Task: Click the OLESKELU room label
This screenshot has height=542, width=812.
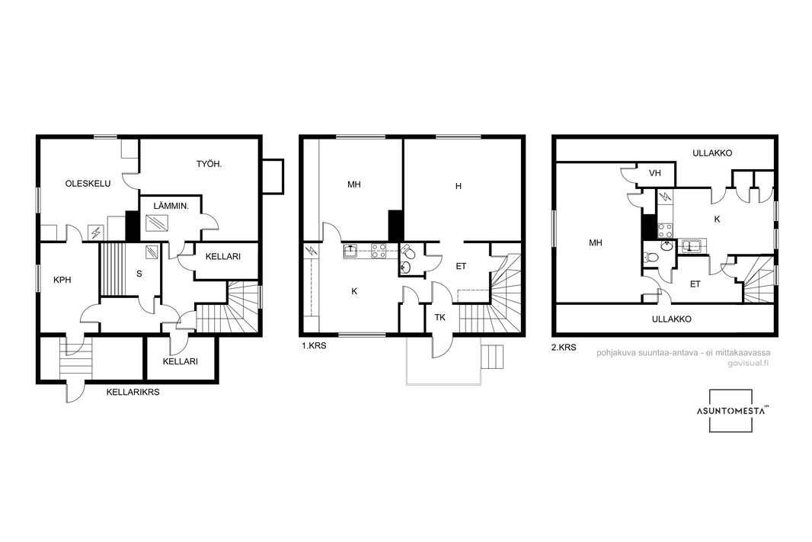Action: click(88, 184)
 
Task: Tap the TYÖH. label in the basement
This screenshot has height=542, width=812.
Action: click(209, 164)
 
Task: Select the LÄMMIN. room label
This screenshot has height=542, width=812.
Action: click(171, 206)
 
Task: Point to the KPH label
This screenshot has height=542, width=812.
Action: click(62, 280)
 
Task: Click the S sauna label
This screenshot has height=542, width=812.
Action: click(139, 274)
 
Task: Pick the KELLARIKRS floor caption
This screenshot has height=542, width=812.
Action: click(133, 393)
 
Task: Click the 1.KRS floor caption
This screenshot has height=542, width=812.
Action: click(315, 345)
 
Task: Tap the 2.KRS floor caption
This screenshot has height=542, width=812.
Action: click(564, 348)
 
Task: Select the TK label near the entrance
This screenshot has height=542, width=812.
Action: click(440, 318)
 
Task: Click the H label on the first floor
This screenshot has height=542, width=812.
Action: click(459, 186)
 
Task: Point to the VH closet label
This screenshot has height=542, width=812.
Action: click(655, 173)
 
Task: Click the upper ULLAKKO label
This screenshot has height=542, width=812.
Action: click(712, 153)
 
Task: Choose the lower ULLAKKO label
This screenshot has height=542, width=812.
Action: click(672, 319)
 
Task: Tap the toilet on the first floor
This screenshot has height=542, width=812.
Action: click(408, 252)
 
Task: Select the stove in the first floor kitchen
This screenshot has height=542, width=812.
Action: click(379, 252)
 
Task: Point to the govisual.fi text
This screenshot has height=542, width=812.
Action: click(748, 363)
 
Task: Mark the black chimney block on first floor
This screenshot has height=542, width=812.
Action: click(396, 226)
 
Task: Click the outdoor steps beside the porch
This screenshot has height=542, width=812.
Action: click(492, 356)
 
